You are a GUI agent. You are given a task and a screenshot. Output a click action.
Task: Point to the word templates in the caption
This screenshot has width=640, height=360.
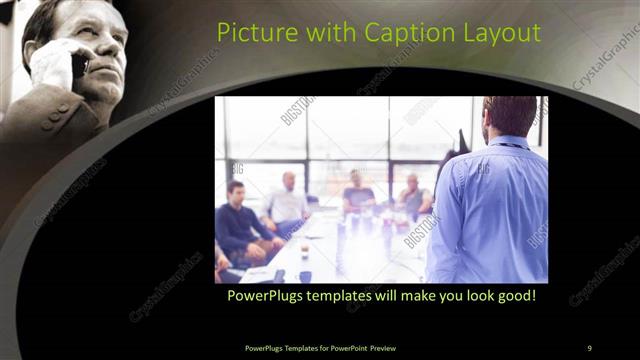click(x=347, y=296)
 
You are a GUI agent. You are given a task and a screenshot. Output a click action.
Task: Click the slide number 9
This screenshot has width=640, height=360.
click(x=590, y=347)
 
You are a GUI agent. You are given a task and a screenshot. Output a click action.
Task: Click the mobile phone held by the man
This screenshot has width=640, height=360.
click(x=78, y=64)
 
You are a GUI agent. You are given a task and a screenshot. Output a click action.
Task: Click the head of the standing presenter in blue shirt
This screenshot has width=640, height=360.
click(x=510, y=116)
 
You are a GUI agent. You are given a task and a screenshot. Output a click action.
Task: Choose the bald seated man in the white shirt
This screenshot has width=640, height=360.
click(x=288, y=200)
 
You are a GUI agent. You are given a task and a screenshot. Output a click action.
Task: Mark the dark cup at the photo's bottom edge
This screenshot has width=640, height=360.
click(x=305, y=276)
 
